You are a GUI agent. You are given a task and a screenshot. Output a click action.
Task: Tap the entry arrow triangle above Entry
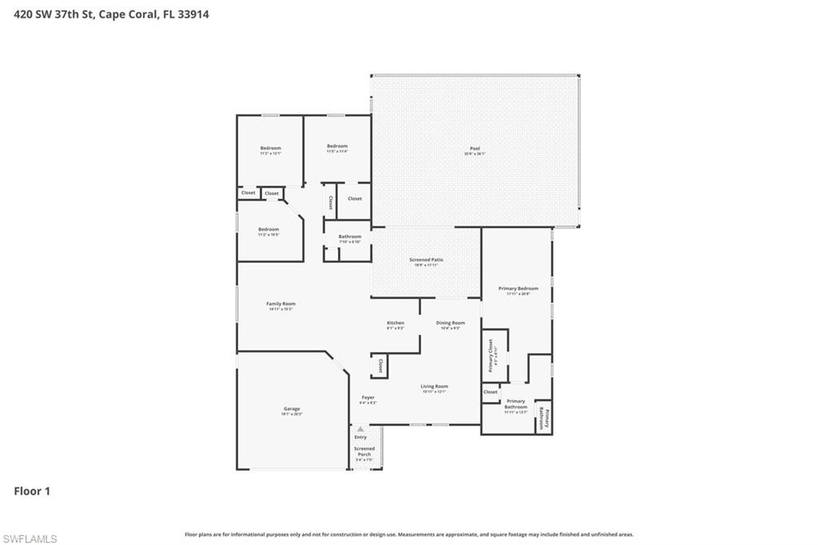tap(360, 429)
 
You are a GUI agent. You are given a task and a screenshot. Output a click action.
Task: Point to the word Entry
tap(360, 437)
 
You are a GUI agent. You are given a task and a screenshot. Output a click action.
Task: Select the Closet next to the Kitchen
tap(380, 366)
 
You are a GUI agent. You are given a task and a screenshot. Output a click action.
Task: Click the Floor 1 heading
tap(32, 491)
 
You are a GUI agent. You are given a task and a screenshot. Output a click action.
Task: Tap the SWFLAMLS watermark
tap(30, 539)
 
